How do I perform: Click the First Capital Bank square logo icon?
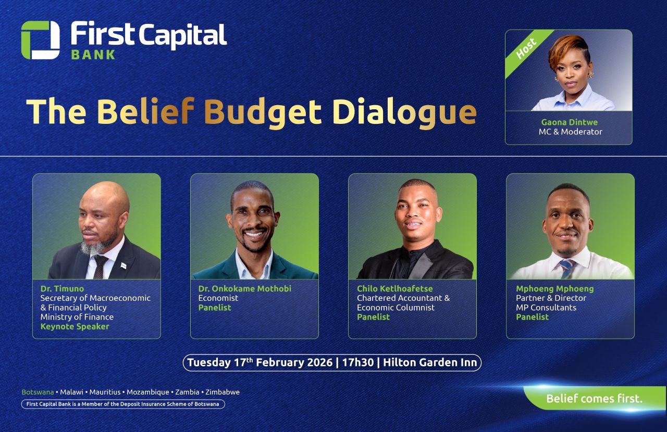pos(40,40)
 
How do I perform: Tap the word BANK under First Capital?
pos(93,55)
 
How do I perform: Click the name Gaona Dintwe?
pos(570,122)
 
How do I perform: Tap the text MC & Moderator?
pos(570,132)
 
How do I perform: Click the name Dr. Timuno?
pos(62,288)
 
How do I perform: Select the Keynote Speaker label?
pos(75,327)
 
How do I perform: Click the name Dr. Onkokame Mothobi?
pos(245,288)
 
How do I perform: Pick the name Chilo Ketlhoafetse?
pos(395,288)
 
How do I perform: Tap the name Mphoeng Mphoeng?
pos(555,288)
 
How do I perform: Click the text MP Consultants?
pos(546,308)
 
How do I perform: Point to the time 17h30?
pos(357,363)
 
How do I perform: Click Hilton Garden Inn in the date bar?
pos(430,363)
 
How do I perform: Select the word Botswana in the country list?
pos(38,392)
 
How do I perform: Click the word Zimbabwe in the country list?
pos(223,392)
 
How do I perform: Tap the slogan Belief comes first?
pos(595,399)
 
